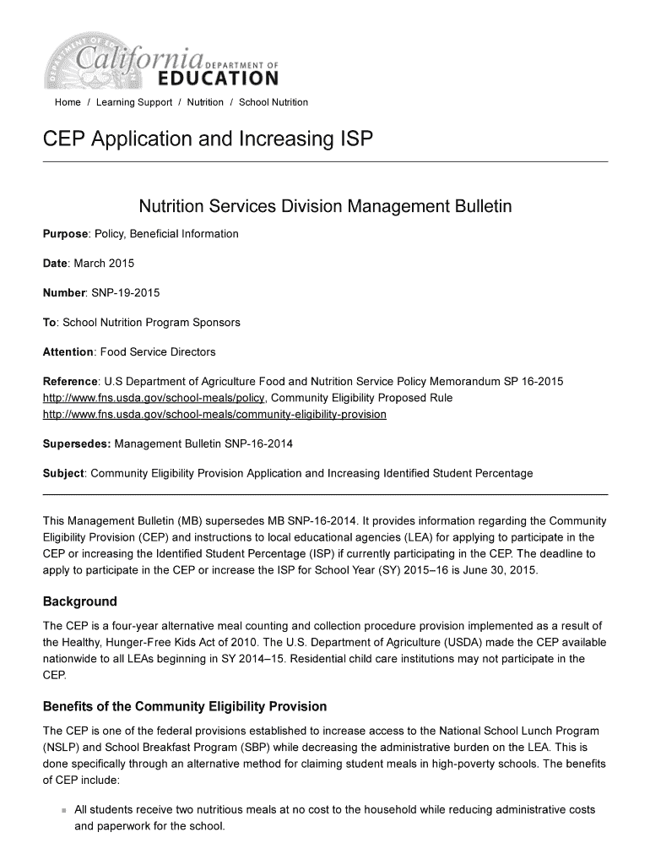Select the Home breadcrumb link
tap(68, 102)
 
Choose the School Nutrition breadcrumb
tap(274, 102)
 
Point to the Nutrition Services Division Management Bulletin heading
tap(325, 207)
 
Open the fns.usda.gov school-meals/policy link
tap(154, 398)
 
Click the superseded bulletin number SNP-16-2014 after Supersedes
tap(254, 443)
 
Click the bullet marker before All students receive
tap(63, 811)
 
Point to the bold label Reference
tap(71, 382)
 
